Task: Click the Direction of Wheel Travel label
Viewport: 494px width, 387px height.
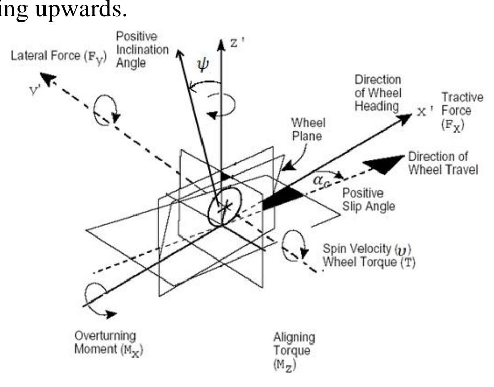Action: [x=443, y=162]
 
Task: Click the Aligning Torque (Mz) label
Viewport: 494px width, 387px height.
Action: [x=294, y=351]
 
